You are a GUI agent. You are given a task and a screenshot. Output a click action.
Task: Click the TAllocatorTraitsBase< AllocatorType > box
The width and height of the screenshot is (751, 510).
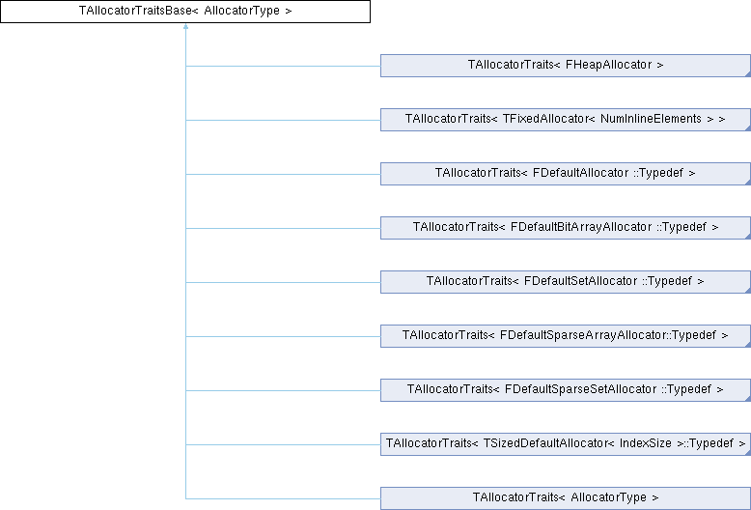[185, 12]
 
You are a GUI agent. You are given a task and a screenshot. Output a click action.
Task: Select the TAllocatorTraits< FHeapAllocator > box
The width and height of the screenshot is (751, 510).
[566, 66]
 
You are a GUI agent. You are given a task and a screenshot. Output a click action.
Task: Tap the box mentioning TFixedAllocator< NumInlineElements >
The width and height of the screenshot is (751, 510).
[566, 120]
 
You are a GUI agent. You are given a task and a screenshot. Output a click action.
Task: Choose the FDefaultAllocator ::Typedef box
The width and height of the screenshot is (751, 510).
[566, 174]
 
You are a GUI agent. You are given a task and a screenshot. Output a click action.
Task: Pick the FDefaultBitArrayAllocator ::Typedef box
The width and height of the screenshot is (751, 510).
[566, 228]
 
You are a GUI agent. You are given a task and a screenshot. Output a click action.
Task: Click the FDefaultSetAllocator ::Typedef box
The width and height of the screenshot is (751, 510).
[566, 282]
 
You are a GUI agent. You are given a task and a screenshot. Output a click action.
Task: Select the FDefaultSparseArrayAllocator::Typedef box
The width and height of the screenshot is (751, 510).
[566, 336]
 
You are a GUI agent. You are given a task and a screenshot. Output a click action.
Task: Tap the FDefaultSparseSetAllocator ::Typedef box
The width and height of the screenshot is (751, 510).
[566, 390]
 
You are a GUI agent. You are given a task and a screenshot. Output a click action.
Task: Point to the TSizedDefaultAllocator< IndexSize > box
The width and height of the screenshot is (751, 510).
[566, 444]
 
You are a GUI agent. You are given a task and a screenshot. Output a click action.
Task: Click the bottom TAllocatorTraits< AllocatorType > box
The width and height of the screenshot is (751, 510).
[566, 498]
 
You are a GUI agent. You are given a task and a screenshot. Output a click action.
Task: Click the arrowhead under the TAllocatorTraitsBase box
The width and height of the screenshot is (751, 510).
[185, 26]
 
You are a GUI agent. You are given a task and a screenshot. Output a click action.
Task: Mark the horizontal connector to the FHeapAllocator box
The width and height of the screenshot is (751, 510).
[283, 66]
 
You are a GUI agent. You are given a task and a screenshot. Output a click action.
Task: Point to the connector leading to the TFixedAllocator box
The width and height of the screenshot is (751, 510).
[283, 121]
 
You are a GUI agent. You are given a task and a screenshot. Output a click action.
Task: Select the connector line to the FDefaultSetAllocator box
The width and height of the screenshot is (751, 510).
[283, 282]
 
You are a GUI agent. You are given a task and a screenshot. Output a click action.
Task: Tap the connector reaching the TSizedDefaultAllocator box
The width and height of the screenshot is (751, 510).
[283, 444]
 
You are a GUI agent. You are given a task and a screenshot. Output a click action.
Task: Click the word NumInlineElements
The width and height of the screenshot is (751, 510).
[651, 119]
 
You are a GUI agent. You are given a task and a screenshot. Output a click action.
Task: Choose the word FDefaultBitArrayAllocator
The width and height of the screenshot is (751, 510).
[581, 227]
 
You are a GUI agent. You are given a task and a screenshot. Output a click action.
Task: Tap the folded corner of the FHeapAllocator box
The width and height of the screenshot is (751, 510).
[748, 74]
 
